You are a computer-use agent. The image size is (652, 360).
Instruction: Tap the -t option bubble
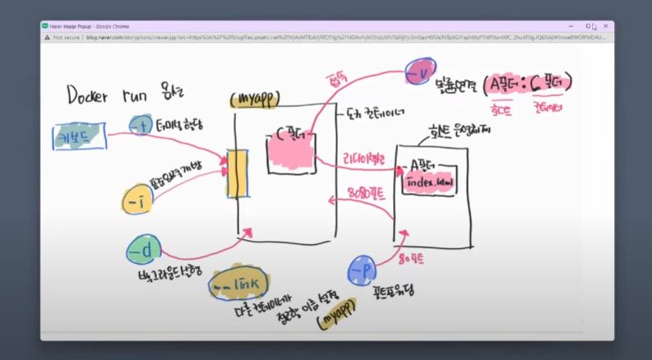point(140,125)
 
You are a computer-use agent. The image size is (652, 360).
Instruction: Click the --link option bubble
point(239,283)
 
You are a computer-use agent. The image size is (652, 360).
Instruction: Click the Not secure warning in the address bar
point(63,37)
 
